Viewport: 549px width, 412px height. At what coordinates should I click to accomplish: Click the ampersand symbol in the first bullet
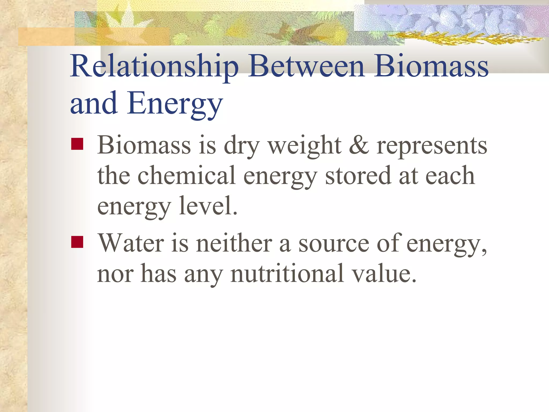(359, 146)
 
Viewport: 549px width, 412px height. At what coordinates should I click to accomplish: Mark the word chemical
(187, 176)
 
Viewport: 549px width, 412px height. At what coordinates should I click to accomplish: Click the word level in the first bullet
(208, 206)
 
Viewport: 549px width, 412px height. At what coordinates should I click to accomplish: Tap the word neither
(234, 243)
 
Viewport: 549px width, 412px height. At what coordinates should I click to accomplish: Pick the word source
(334, 244)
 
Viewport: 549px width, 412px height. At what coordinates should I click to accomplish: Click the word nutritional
(287, 274)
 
